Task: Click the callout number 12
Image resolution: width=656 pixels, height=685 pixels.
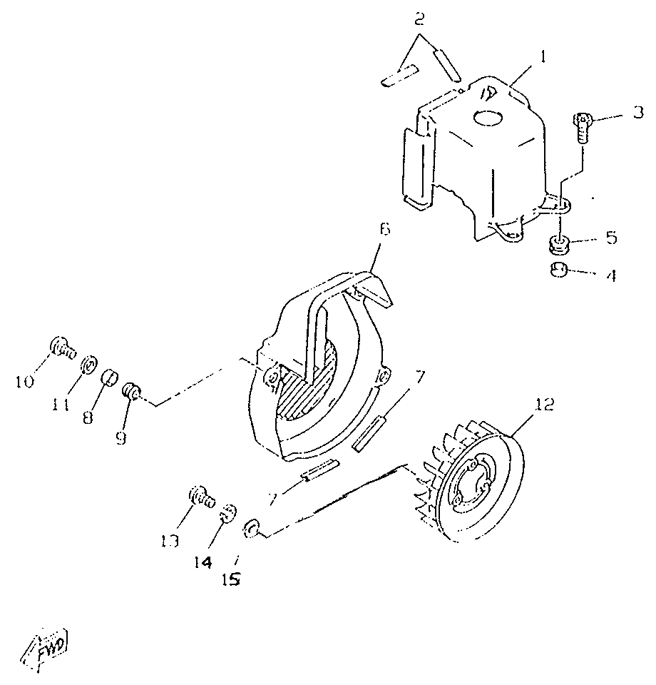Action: pos(544,405)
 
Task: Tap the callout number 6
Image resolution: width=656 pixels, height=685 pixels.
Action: pos(384,229)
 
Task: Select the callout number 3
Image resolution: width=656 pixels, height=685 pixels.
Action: pos(638,113)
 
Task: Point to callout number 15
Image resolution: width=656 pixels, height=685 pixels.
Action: pos(231,579)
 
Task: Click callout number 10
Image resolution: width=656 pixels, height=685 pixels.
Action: pos(25,382)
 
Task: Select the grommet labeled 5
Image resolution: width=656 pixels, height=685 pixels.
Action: pos(559,245)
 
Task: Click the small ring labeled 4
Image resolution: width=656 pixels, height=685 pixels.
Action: pos(558,270)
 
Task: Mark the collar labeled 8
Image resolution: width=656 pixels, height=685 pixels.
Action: pos(110,377)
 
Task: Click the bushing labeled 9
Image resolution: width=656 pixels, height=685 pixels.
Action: pos(130,390)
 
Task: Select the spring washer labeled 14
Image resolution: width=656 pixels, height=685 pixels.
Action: pos(229,512)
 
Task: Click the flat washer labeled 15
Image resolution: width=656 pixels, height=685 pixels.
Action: pos(250,529)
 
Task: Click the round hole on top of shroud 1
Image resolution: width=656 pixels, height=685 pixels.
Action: pos(488,118)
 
